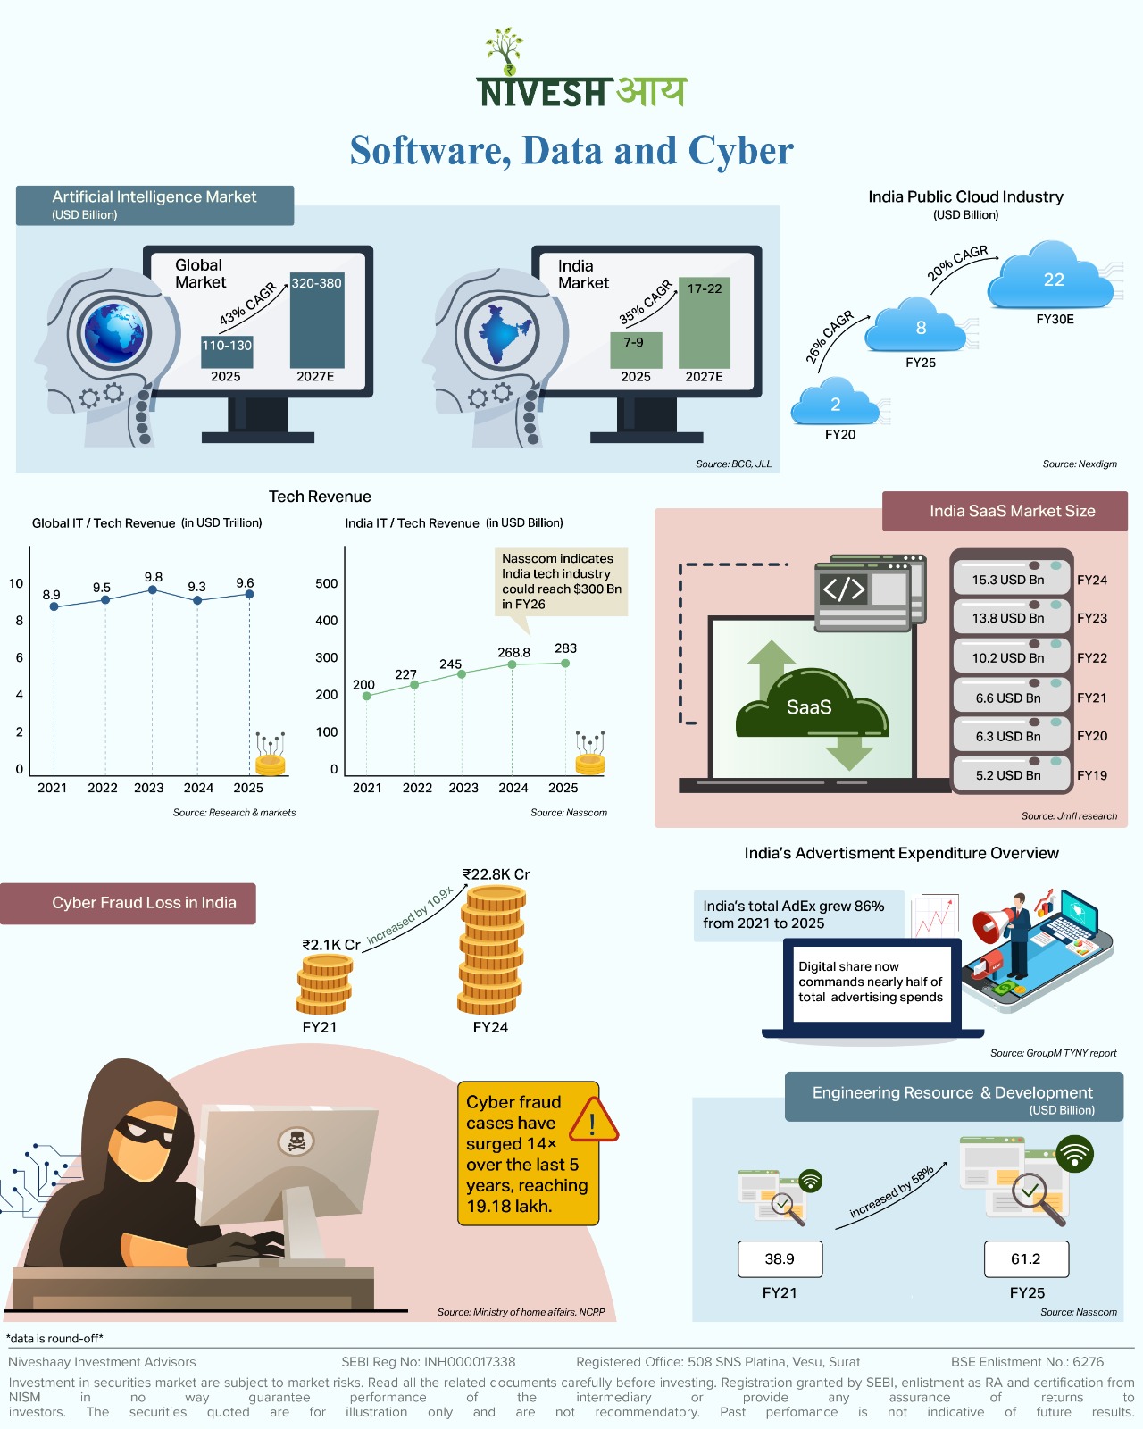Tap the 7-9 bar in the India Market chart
pos(636,349)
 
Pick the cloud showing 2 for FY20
pos(836,403)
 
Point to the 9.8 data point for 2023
pos(153,589)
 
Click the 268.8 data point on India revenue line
pos(513,664)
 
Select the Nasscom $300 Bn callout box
pos(561,581)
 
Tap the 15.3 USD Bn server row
pos(1010,579)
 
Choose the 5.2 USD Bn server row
pos(1010,774)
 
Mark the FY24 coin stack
pos(492,950)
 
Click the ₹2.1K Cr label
pos(331,944)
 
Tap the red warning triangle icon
pos(593,1121)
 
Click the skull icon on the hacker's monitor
pos(296,1141)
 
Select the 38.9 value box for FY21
pos(780,1258)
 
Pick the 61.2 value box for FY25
pos(1026,1258)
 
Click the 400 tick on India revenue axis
pos(327,621)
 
